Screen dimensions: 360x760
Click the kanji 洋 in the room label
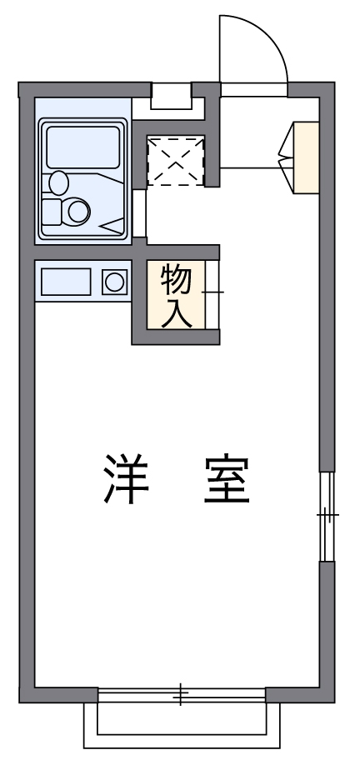126,479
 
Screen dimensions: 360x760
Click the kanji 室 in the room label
227,479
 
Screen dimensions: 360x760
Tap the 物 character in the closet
176,281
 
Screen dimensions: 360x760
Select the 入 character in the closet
176,313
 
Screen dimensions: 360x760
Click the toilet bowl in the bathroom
78,212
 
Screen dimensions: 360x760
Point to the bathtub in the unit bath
82,147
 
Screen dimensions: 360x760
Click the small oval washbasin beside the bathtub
58,183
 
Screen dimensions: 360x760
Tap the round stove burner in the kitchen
114,282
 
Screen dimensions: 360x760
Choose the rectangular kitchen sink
66,282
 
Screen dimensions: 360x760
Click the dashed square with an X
175,161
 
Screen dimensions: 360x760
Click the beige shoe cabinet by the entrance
306,158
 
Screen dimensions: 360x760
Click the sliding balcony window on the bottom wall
181,695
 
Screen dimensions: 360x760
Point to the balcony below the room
182,725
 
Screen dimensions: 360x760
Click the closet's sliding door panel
212,295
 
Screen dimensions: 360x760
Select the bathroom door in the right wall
139,213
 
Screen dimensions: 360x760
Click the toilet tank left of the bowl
52,212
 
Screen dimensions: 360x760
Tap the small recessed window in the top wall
171,96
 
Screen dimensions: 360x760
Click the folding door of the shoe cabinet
285,157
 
